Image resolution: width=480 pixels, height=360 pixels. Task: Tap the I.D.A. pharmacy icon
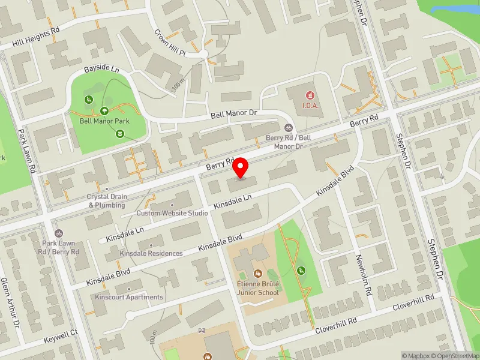coord(310,95)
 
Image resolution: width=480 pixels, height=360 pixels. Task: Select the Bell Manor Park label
coord(104,121)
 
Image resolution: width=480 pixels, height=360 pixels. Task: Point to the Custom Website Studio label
coord(172,213)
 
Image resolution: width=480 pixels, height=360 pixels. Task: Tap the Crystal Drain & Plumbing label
coord(107,200)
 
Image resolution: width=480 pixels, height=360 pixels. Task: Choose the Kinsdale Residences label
coord(151,253)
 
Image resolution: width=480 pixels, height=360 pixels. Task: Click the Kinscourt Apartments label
coord(128,297)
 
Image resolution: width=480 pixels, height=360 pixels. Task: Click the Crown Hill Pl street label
coord(172,42)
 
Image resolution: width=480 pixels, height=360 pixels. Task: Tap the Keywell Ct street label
coord(61,337)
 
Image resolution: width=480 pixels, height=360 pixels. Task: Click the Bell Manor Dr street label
coord(233,113)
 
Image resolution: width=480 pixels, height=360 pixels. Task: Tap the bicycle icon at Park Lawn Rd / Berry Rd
coord(58,233)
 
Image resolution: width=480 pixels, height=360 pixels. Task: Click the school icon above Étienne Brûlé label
coord(259,274)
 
